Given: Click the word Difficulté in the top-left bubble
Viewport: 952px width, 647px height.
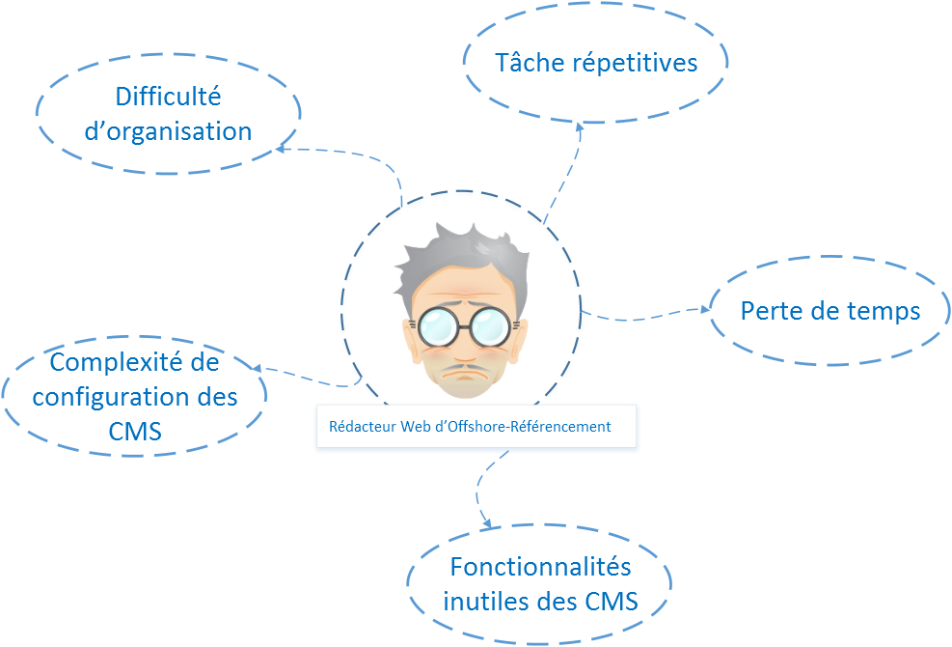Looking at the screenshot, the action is coord(168,97).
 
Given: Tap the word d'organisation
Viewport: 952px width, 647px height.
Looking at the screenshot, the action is coord(168,131).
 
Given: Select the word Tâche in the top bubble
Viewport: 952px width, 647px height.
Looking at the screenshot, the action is coord(530,63).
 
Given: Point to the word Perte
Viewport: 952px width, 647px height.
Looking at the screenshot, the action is coord(769,311).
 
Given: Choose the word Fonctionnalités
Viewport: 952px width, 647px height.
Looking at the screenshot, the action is coord(539,566).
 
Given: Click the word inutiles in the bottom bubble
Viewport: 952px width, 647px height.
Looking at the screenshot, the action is coord(480,601).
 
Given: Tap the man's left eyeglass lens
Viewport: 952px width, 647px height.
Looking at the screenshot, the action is coord(439,327).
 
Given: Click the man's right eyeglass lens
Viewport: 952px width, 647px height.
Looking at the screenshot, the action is coord(492,327).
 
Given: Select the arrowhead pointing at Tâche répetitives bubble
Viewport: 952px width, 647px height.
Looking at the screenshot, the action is coord(580,127).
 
